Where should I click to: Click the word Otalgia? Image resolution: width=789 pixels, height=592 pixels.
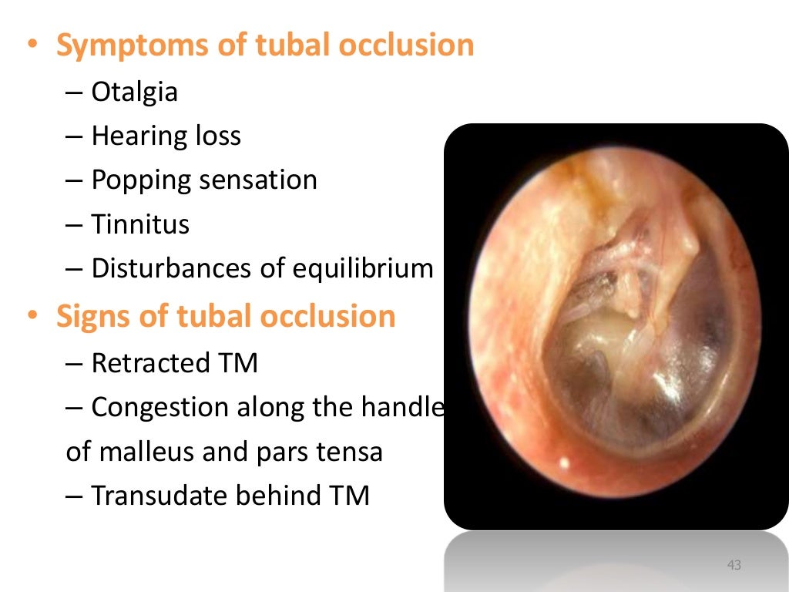pos(134,92)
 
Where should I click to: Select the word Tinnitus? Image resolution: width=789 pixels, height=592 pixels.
pos(139,225)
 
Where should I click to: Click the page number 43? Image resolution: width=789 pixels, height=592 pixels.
pos(734,567)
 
